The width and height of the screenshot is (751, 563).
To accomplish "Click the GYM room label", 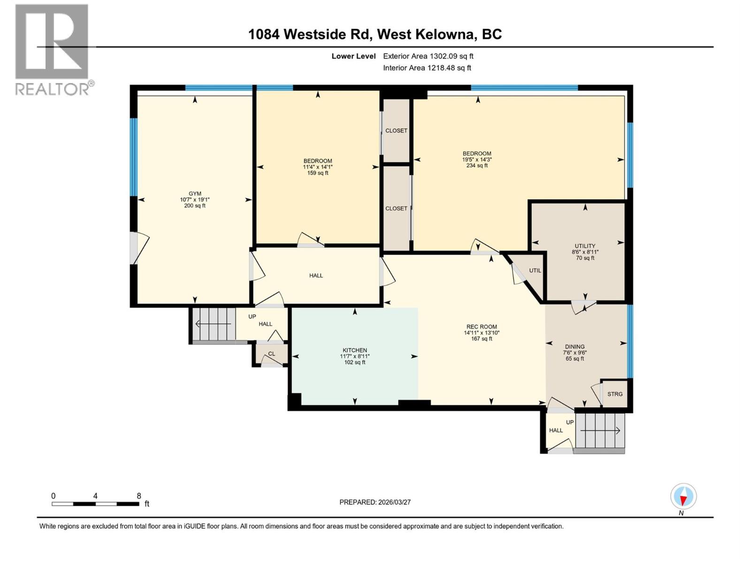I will pyautogui.click(x=195, y=193).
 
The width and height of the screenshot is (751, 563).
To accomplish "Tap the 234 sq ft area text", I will pyautogui.click(x=477, y=166).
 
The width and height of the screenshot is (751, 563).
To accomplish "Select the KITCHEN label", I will pyautogui.click(x=354, y=350).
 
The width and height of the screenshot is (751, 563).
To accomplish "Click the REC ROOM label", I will pyautogui.click(x=482, y=327).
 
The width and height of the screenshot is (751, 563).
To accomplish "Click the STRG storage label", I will pyautogui.click(x=615, y=394).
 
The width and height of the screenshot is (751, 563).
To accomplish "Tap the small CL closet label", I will pyautogui.click(x=271, y=354).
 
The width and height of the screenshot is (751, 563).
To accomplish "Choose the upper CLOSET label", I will pyautogui.click(x=396, y=130).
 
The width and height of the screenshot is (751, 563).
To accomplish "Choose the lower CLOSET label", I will pyautogui.click(x=396, y=208).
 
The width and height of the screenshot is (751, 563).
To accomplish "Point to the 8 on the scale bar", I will pyautogui.click(x=138, y=496).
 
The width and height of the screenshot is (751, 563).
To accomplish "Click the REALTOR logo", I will pyautogui.click(x=52, y=49).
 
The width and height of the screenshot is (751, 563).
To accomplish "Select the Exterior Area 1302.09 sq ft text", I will pyautogui.click(x=428, y=56).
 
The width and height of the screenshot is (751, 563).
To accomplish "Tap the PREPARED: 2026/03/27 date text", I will pyautogui.click(x=375, y=502).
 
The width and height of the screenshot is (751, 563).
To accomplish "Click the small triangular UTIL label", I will pyautogui.click(x=535, y=270).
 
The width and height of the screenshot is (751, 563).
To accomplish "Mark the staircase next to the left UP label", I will pyautogui.click(x=214, y=324).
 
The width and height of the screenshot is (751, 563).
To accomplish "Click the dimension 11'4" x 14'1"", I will pyautogui.click(x=318, y=167).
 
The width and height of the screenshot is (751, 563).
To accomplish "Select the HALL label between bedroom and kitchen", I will pyautogui.click(x=316, y=275).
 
